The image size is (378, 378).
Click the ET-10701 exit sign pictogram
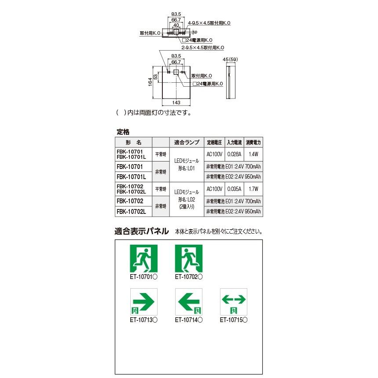pos(143,259)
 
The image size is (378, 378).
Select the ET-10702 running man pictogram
pos(188,259)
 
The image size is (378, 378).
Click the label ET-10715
pos(233,321)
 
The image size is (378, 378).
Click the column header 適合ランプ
pos(187,143)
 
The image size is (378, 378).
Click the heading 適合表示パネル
pos(141,231)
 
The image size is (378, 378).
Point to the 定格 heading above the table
pos(123,132)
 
